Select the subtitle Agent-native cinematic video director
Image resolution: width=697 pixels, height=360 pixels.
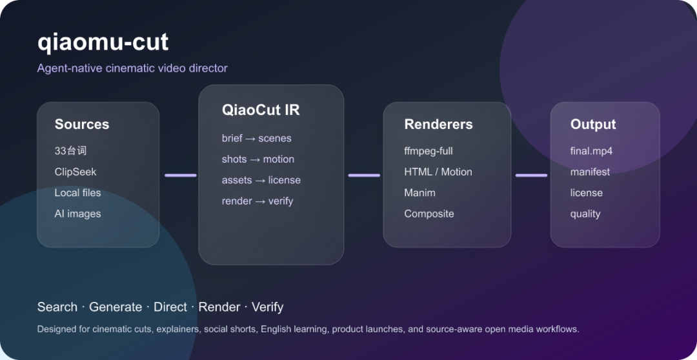pos(132,68)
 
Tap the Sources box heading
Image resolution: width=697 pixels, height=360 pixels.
pos(82,124)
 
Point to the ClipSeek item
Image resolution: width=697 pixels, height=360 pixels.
pos(75,172)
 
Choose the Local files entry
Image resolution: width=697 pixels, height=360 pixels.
pos(78,193)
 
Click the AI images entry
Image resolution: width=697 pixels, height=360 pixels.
pos(78,214)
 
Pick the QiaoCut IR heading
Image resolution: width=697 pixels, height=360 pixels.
pos(261,110)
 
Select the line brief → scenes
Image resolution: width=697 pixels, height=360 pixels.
pos(256,138)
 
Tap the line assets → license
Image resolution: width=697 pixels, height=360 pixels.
pos(261,180)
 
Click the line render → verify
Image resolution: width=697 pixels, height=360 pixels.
pos(258,201)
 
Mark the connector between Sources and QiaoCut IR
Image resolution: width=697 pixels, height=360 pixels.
pos(181,175)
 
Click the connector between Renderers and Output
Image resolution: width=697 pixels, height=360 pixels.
pos(531,175)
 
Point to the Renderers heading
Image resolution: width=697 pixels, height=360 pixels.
pos(438,124)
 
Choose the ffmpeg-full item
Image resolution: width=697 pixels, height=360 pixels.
pos(428,151)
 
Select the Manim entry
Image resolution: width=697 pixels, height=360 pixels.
pos(419,193)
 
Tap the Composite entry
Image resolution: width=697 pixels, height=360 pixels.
pos(429,214)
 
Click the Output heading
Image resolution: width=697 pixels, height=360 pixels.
pos(593,124)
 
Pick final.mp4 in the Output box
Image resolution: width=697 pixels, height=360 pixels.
pos(591,151)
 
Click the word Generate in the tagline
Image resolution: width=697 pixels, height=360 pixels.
pos(116,307)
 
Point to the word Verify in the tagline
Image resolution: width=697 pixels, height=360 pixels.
pos(267,307)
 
